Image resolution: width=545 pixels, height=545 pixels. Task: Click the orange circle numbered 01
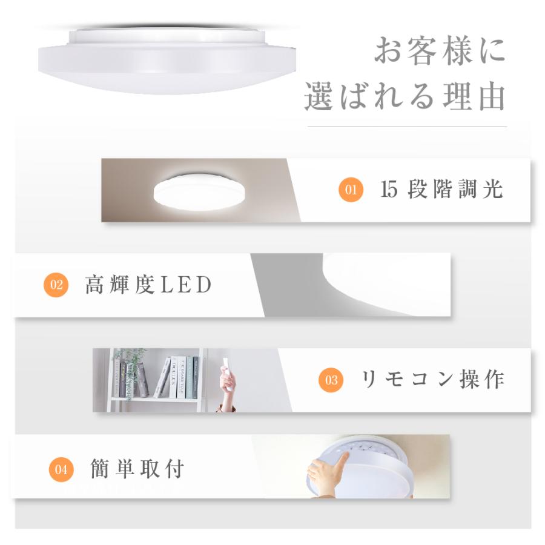pos(351,190)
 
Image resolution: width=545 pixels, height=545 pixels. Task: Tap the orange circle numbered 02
pos(56,285)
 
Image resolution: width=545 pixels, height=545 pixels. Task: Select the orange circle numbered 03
pos(331,380)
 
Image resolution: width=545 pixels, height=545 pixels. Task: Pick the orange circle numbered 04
pos(61,469)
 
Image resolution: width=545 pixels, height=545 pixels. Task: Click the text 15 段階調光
pos(442,190)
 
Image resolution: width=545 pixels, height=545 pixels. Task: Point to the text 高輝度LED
pos(148,285)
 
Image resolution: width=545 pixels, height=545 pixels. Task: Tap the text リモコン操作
pos(432,379)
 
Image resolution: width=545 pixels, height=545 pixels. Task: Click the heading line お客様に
pos(439,51)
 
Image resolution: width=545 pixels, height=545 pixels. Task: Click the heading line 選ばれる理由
pos(405,97)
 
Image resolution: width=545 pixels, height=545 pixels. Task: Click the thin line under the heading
pos(407,127)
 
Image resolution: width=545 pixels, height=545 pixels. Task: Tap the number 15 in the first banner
pos(389,190)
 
